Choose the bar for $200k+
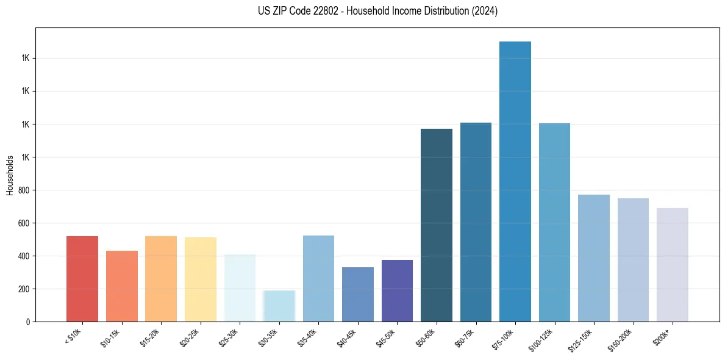673,265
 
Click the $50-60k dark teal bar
437,225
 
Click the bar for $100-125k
554,223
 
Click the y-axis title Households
10,175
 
